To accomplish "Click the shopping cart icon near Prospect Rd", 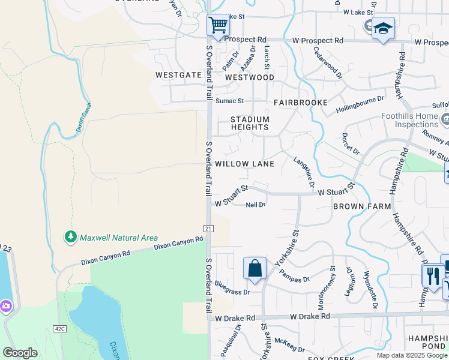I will click(218, 26).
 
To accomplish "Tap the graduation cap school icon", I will click(383, 28).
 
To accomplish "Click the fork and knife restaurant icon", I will click(432, 276).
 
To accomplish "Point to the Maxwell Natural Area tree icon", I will click(71, 238).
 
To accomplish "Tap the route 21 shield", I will click(208, 228).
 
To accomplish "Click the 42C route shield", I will click(59, 329).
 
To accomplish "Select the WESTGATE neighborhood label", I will click(178, 76).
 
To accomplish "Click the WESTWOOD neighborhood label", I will click(250, 77).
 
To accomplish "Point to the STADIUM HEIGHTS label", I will click(250, 123).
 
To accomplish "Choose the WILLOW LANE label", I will click(244, 164).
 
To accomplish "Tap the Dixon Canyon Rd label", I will click(179, 243).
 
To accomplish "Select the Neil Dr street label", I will click(256, 205).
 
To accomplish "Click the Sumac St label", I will click(230, 101).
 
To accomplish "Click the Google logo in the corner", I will click(20, 352).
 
